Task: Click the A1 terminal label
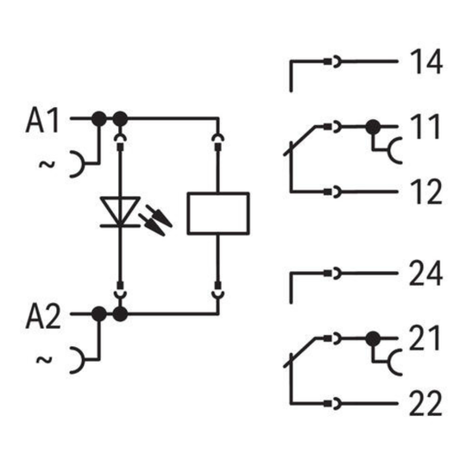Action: pos(42,120)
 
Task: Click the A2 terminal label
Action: pos(43,316)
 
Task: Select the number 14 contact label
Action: pos(426,61)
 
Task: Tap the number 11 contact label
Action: pos(425,127)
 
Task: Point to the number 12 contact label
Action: pos(426,192)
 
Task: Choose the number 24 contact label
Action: pos(425,273)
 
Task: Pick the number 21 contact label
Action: pos(425,338)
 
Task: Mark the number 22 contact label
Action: pos(425,403)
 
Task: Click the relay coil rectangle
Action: pos(218,213)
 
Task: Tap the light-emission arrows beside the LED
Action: pos(155,220)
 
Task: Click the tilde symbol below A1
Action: pos(47,164)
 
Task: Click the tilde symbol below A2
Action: pos(44,360)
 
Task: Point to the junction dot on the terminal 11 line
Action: pos(373,127)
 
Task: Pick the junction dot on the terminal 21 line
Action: pos(373,339)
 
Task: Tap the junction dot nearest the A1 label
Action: pos(99,119)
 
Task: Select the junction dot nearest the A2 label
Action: pos(99,314)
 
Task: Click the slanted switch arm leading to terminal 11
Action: pos(300,141)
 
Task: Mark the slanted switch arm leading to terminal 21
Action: pos(300,352)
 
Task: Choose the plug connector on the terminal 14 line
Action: pos(332,61)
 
